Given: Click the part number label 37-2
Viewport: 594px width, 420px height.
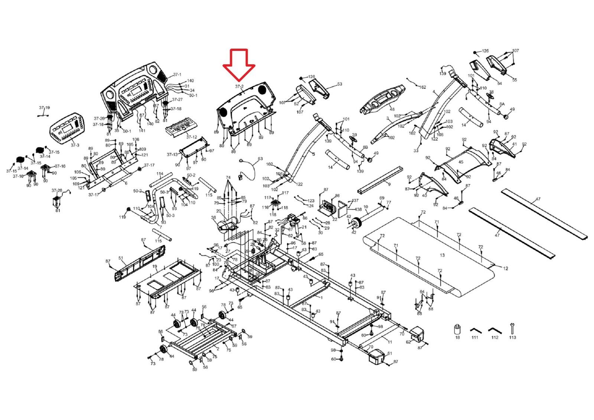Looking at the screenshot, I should [x=239, y=87].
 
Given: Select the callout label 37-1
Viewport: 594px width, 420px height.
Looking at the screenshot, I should [x=177, y=75].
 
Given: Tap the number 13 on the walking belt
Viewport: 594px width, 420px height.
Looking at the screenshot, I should [x=442, y=255].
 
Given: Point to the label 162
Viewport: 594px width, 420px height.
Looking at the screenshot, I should [x=422, y=87].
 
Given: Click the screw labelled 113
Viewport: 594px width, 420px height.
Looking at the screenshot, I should [x=512, y=329].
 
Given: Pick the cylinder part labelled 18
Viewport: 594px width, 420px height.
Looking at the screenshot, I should [x=457, y=329].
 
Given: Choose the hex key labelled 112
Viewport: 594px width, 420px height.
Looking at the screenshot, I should [x=495, y=331].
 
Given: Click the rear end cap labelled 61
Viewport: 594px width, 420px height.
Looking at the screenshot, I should [x=376, y=357].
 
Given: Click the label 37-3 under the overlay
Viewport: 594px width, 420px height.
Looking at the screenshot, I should [x=75, y=145].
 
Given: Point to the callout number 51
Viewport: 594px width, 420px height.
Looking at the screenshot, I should [x=121, y=258].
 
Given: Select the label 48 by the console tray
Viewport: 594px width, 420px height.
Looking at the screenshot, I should [x=392, y=109].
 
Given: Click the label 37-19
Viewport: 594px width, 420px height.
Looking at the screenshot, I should [x=44, y=108].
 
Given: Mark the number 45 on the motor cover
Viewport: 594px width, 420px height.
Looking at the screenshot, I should [x=461, y=162].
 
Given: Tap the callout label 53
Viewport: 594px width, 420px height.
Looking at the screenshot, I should [x=339, y=84].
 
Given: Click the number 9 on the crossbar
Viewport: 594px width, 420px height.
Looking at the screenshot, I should [x=389, y=184].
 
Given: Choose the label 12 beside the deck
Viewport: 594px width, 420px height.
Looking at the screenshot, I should [x=505, y=268].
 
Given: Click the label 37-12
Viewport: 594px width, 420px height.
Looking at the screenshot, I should [x=192, y=137].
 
